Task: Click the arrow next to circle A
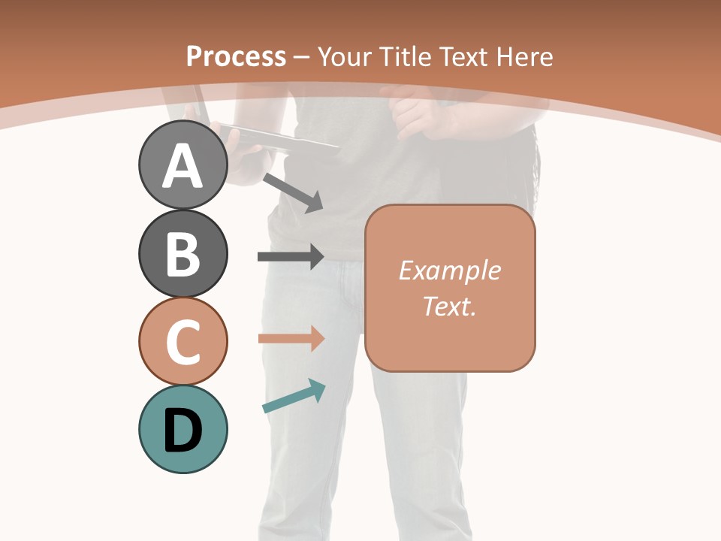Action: [294, 192]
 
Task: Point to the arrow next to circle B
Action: [291, 257]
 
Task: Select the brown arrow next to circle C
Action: [291, 339]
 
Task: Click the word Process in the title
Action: [236, 56]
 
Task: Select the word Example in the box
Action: [449, 270]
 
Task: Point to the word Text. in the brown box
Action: [449, 306]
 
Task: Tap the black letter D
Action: [183, 431]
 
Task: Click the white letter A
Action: [183, 165]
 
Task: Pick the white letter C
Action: [183, 342]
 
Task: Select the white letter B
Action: [183, 254]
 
